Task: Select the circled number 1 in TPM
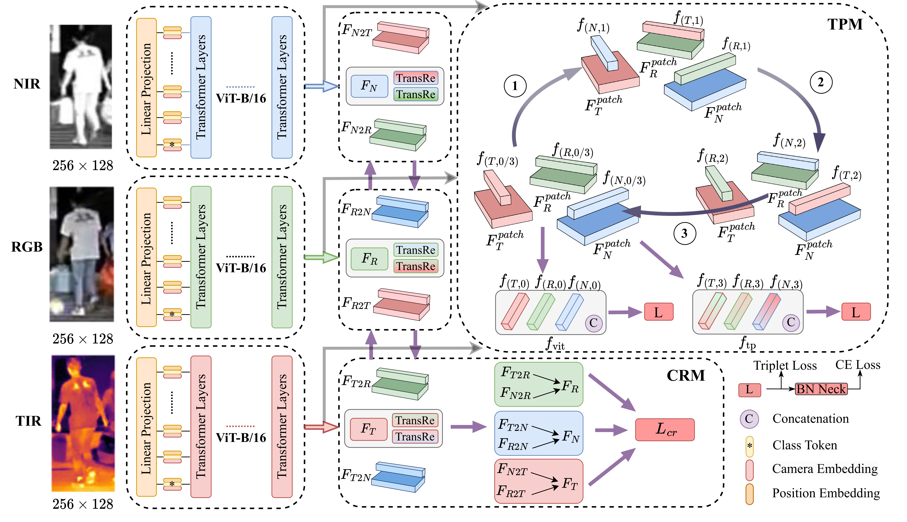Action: coord(515,86)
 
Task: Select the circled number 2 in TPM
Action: coord(821,82)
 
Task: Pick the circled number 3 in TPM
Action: coord(684,233)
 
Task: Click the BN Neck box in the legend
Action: coord(821,389)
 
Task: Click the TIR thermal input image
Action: coord(83,423)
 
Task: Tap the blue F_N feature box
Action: coord(369,86)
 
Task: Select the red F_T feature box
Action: coord(368,429)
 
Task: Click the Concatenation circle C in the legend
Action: coord(749,419)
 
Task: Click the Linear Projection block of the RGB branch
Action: coord(146,257)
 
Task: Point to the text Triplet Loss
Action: coord(785,365)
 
